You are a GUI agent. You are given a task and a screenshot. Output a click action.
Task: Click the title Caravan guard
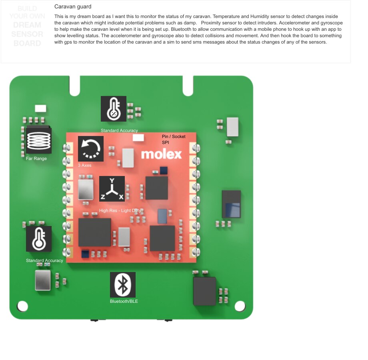[x=73, y=7]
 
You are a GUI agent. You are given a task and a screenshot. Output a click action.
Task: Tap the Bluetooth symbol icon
[x=123, y=285]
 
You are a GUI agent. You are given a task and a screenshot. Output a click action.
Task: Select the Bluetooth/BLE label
[x=124, y=301]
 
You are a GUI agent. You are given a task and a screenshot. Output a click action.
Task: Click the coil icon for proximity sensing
[x=39, y=140]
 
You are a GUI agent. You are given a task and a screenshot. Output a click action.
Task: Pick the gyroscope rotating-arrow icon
[x=90, y=149]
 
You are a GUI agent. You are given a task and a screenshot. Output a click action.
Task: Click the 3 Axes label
[x=85, y=165]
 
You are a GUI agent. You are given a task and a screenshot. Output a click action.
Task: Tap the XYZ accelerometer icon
[x=112, y=189]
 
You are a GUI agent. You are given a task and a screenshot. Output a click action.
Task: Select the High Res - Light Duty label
[x=121, y=210]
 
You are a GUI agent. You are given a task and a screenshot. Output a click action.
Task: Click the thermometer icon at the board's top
[x=114, y=109]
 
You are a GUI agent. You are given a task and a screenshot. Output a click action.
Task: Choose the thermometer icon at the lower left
[x=39, y=239]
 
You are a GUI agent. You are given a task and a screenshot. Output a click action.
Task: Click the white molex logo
[x=161, y=154]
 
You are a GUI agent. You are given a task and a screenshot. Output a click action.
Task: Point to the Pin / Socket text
[x=174, y=137]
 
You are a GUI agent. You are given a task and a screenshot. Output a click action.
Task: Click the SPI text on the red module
[x=166, y=142]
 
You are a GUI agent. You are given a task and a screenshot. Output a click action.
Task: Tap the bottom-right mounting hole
[x=240, y=306]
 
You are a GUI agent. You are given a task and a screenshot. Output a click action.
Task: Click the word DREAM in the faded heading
[x=27, y=25]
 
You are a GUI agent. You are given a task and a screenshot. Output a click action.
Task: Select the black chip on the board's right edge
[x=232, y=204]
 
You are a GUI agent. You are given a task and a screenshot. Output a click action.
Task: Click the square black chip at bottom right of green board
[x=204, y=291]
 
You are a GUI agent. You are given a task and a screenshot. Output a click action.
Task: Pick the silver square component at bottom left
[x=43, y=280]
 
